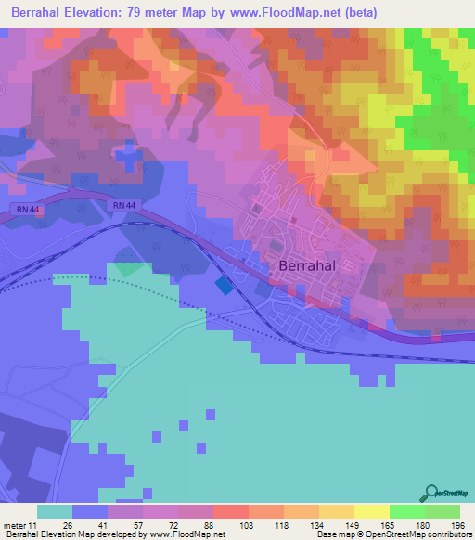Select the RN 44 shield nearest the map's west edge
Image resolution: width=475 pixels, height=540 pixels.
(27, 209)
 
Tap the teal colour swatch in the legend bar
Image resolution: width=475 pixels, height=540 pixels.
(55, 511)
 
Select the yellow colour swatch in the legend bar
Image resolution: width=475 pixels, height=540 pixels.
(371, 511)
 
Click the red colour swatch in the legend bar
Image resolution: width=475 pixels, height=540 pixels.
(230, 511)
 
